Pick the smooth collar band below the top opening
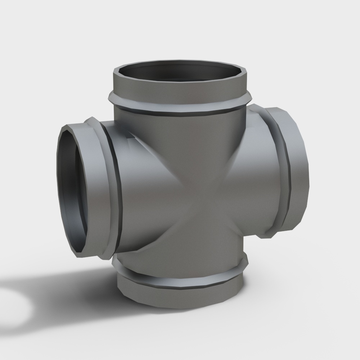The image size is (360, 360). [180, 90]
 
